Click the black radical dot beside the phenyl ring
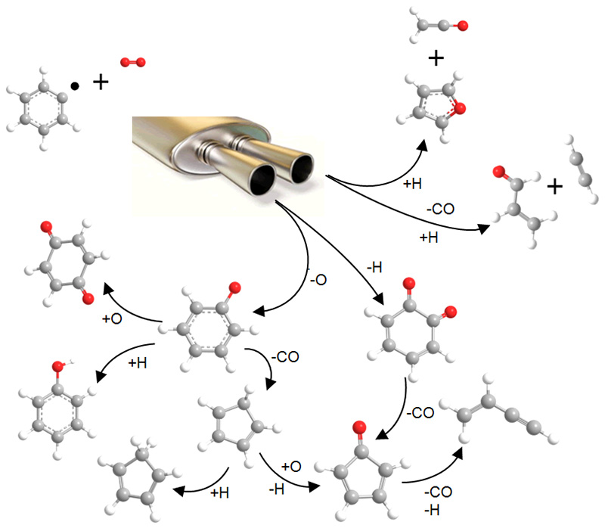[x=74, y=86]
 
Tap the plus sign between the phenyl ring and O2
[x=101, y=82]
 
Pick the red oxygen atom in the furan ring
[x=461, y=110]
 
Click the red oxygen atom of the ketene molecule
[x=463, y=26]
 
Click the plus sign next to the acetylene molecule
[x=554, y=186]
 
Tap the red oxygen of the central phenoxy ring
[x=234, y=287]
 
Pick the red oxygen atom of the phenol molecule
[x=56, y=367]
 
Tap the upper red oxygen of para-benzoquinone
[x=46, y=225]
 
